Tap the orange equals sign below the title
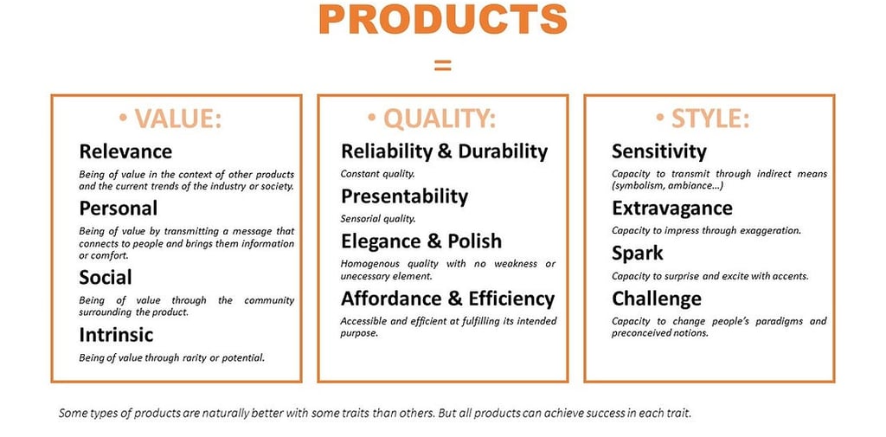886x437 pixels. click(442, 66)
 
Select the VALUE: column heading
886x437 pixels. click(170, 119)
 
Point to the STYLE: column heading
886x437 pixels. click(703, 119)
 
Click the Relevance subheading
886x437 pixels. click(125, 151)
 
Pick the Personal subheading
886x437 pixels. click(118, 209)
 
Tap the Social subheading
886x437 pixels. click(105, 277)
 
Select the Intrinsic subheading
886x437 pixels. click(116, 335)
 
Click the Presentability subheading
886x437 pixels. click(405, 196)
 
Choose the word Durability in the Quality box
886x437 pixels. click(503, 151)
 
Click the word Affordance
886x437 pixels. click(385, 299)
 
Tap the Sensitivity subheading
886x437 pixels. click(658, 151)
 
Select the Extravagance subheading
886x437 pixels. click(671, 209)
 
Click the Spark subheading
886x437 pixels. click(638, 254)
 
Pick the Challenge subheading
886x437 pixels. click(657, 299)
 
